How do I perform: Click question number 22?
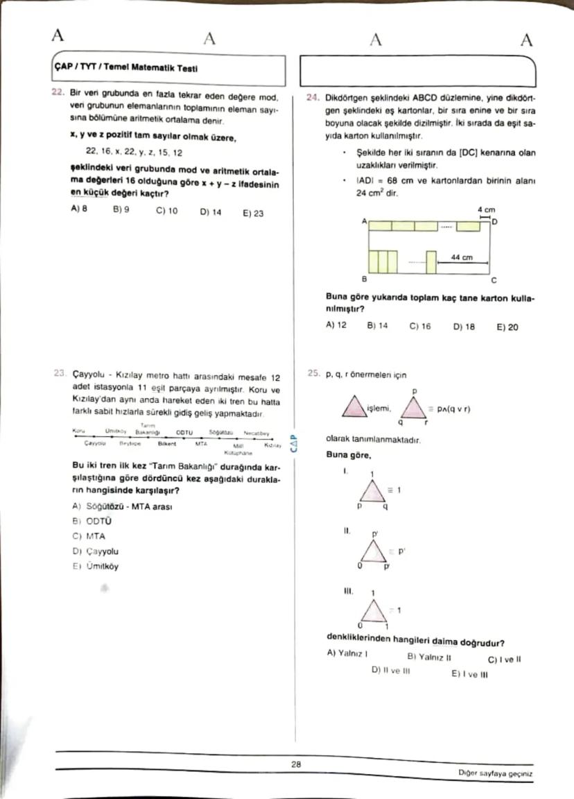pos(58,97)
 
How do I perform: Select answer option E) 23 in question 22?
pos(252,213)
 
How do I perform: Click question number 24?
pos(313,98)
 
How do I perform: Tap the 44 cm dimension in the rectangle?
pos(462,257)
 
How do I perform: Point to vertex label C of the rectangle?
pos(494,281)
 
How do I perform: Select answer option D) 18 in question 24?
pos(464,326)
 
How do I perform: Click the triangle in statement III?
pos(374,612)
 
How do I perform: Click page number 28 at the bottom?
pos(295,764)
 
